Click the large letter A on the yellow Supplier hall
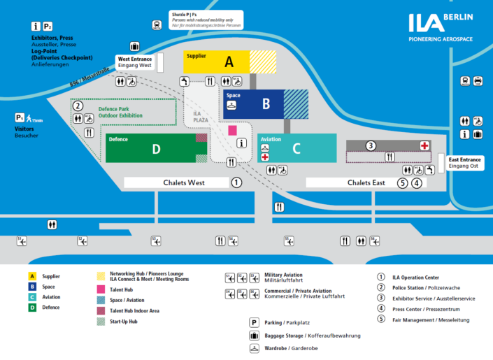tap(229, 62)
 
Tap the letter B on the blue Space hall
tap(266, 104)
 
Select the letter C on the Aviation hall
tap(296, 148)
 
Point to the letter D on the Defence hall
tap(157, 149)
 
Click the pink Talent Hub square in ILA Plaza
tap(233, 130)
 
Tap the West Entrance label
tap(134, 62)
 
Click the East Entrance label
tap(465, 162)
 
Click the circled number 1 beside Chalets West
tap(236, 182)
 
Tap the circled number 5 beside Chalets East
tap(402, 183)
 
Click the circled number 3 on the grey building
tap(371, 145)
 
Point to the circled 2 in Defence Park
tap(78, 106)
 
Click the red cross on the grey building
tap(424, 145)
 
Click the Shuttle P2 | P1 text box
tap(207, 19)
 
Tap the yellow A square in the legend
tap(32, 276)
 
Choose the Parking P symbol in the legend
tap(255, 322)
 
